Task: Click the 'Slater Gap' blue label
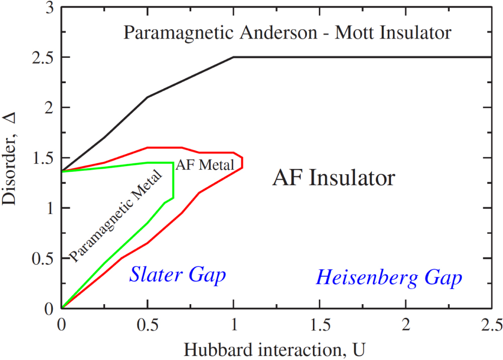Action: [x=178, y=275]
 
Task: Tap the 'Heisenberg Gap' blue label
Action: [x=389, y=277]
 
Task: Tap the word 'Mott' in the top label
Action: [x=350, y=33]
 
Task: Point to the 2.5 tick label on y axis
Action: [x=43, y=57]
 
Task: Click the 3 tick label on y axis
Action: [x=50, y=8]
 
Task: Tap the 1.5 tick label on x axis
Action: [x=319, y=323]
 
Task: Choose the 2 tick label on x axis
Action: [x=405, y=323]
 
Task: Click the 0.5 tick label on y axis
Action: [x=43, y=258]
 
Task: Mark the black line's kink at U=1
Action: [x=233, y=57]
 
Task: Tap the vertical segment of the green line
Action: [x=173, y=180]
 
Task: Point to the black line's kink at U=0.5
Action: [x=147, y=97]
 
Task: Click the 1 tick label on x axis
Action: [x=233, y=323]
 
